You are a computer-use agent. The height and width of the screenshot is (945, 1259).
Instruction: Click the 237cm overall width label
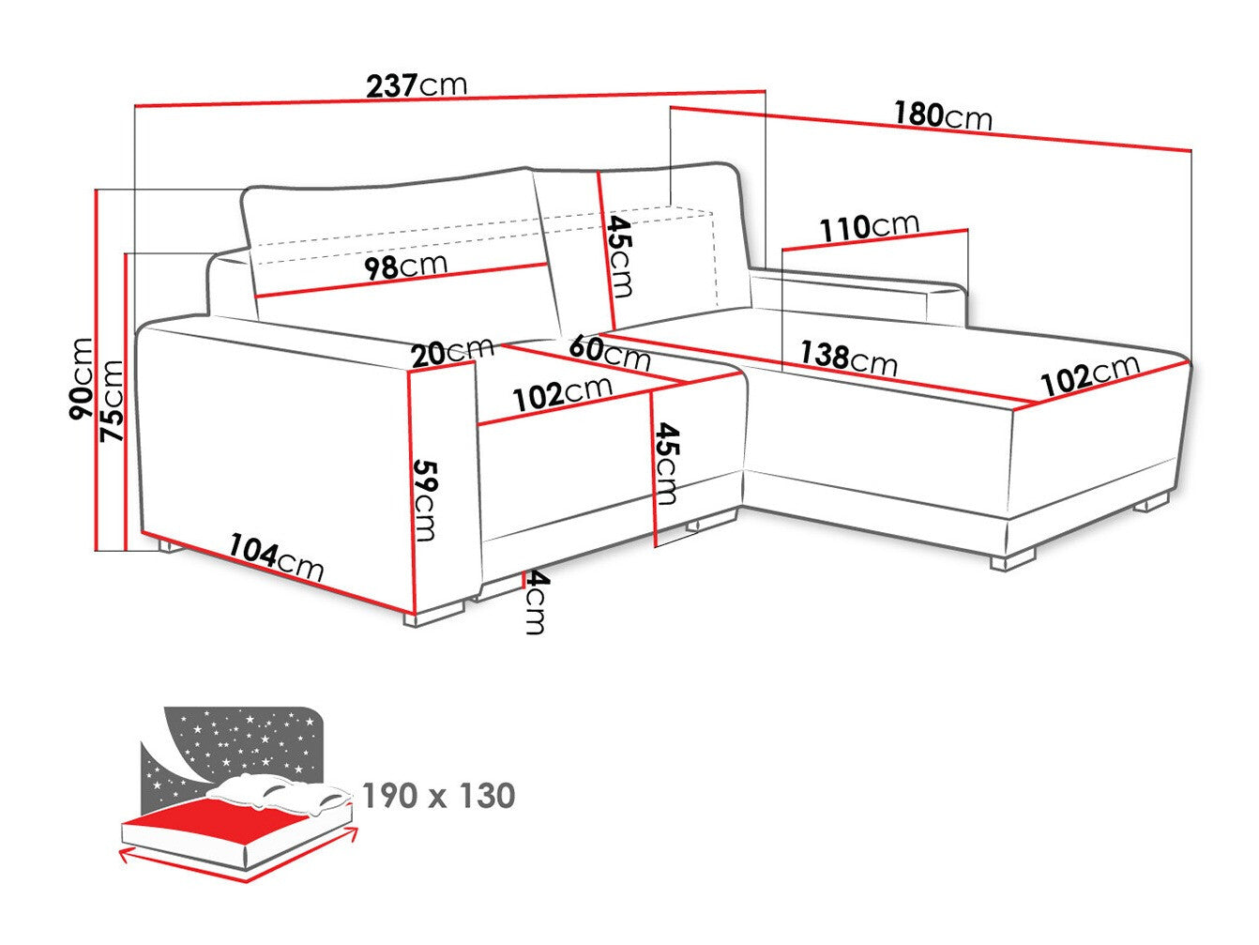[416, 85]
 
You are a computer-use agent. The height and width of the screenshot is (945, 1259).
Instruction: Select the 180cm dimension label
[941, 115]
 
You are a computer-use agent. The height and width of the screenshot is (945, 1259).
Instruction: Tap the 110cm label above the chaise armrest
[869, 227]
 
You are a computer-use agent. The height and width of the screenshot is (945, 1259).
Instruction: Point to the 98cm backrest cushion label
[405, 267]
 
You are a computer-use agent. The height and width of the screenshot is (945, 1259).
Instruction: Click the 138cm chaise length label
[847, 357]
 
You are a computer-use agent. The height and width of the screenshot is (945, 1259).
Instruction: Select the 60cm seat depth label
[609, 353]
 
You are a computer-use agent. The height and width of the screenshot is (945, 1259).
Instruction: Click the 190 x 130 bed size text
[438, 796]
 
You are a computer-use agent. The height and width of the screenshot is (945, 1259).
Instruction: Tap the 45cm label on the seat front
[667, 464]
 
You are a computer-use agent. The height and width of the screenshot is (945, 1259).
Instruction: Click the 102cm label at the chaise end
[1090, 373]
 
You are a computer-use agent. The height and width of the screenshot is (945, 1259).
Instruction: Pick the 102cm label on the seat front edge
[562, 392]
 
